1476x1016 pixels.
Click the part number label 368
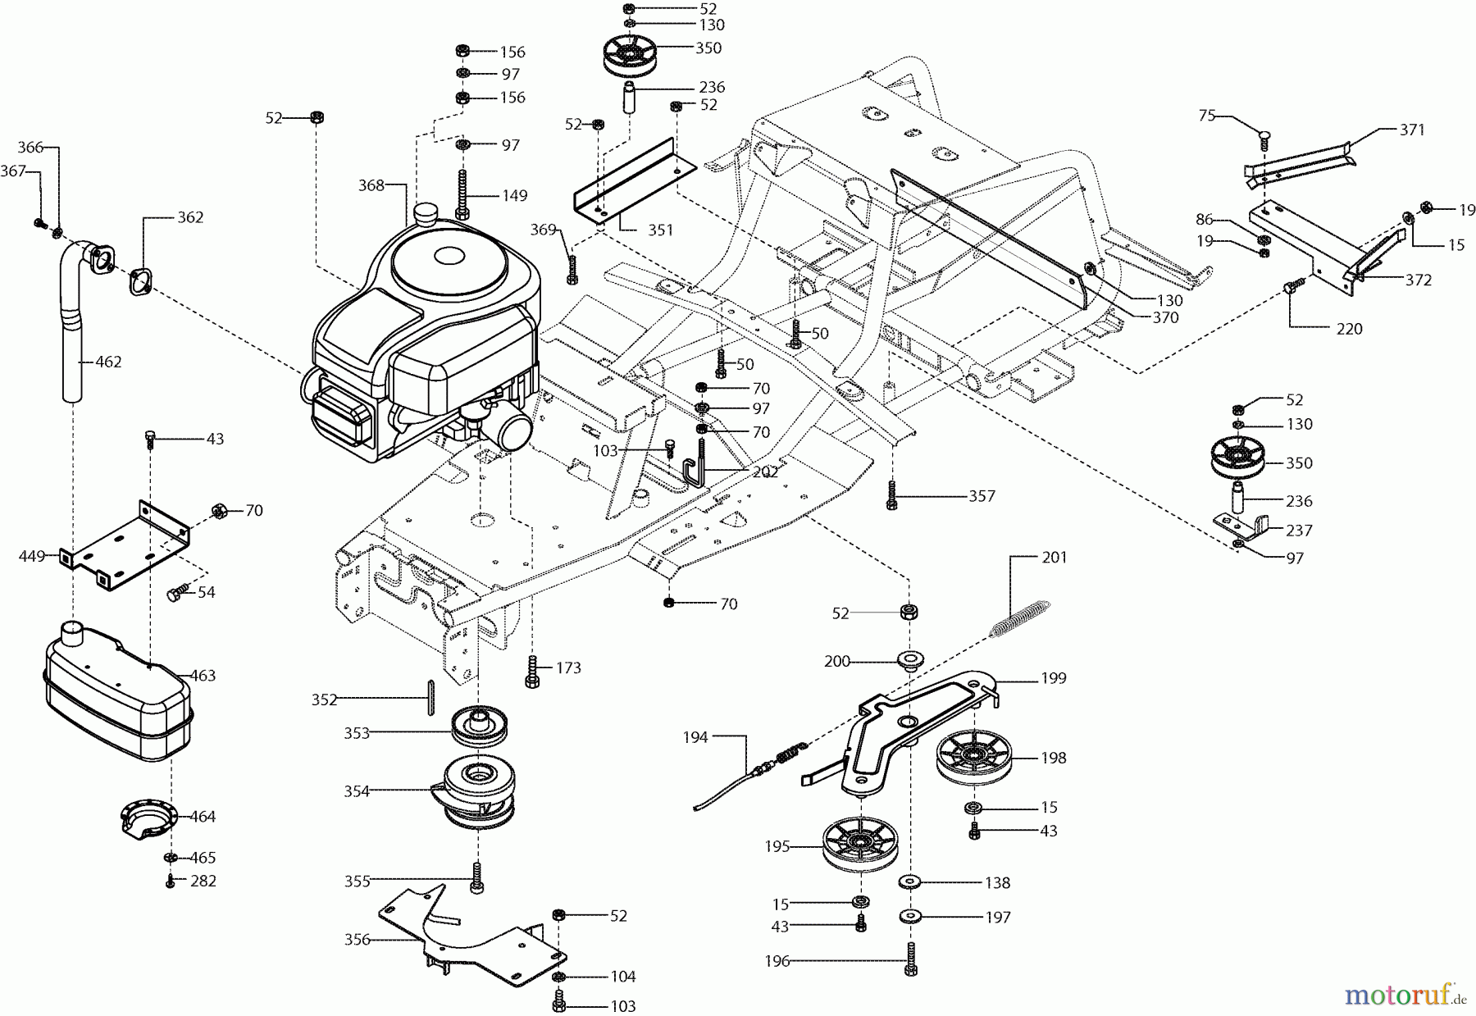371,185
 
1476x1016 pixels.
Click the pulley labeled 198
974,756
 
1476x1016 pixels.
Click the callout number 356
358,940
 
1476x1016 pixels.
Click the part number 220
1349,329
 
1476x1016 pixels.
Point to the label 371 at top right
1412,130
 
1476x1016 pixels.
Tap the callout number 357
982,496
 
